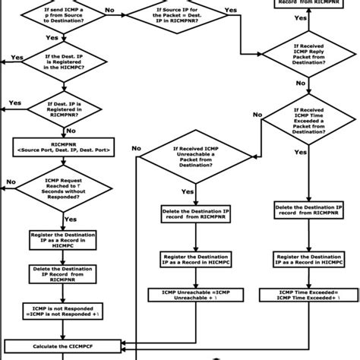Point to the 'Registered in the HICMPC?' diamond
coord(55,62)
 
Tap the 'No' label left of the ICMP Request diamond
coord(11,182)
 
